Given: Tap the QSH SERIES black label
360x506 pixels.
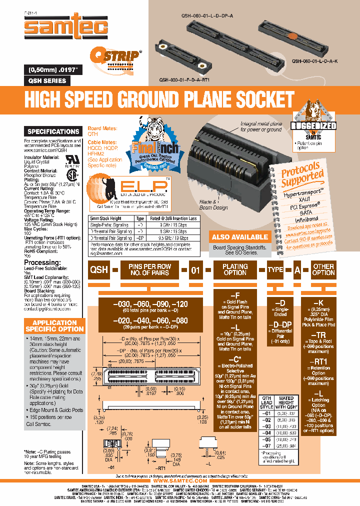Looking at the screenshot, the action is pyautogui.click(x=45, y=80).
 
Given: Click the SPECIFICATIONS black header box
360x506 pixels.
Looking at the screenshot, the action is pyautogui.click(x=53, y=131).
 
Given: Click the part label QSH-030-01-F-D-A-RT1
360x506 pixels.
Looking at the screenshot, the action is pyautogui.click(x=184, y=80).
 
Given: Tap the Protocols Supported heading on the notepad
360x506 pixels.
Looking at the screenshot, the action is pyautogui.click(x=302, y=175).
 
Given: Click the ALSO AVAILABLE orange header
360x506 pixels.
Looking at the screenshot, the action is pyautogui.click(x=239, y=237).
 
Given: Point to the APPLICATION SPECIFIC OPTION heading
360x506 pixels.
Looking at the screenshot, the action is pyautogui.click(x=54, y=326).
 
